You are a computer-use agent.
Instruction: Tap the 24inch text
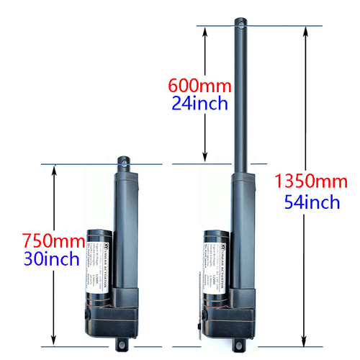point(199,103)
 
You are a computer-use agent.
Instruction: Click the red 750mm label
point(51,240)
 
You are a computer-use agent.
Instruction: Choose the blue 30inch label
point(52,258)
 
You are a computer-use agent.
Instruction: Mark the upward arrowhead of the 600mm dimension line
point(205,30)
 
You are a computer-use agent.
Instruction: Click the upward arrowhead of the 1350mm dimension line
point(304,30)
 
